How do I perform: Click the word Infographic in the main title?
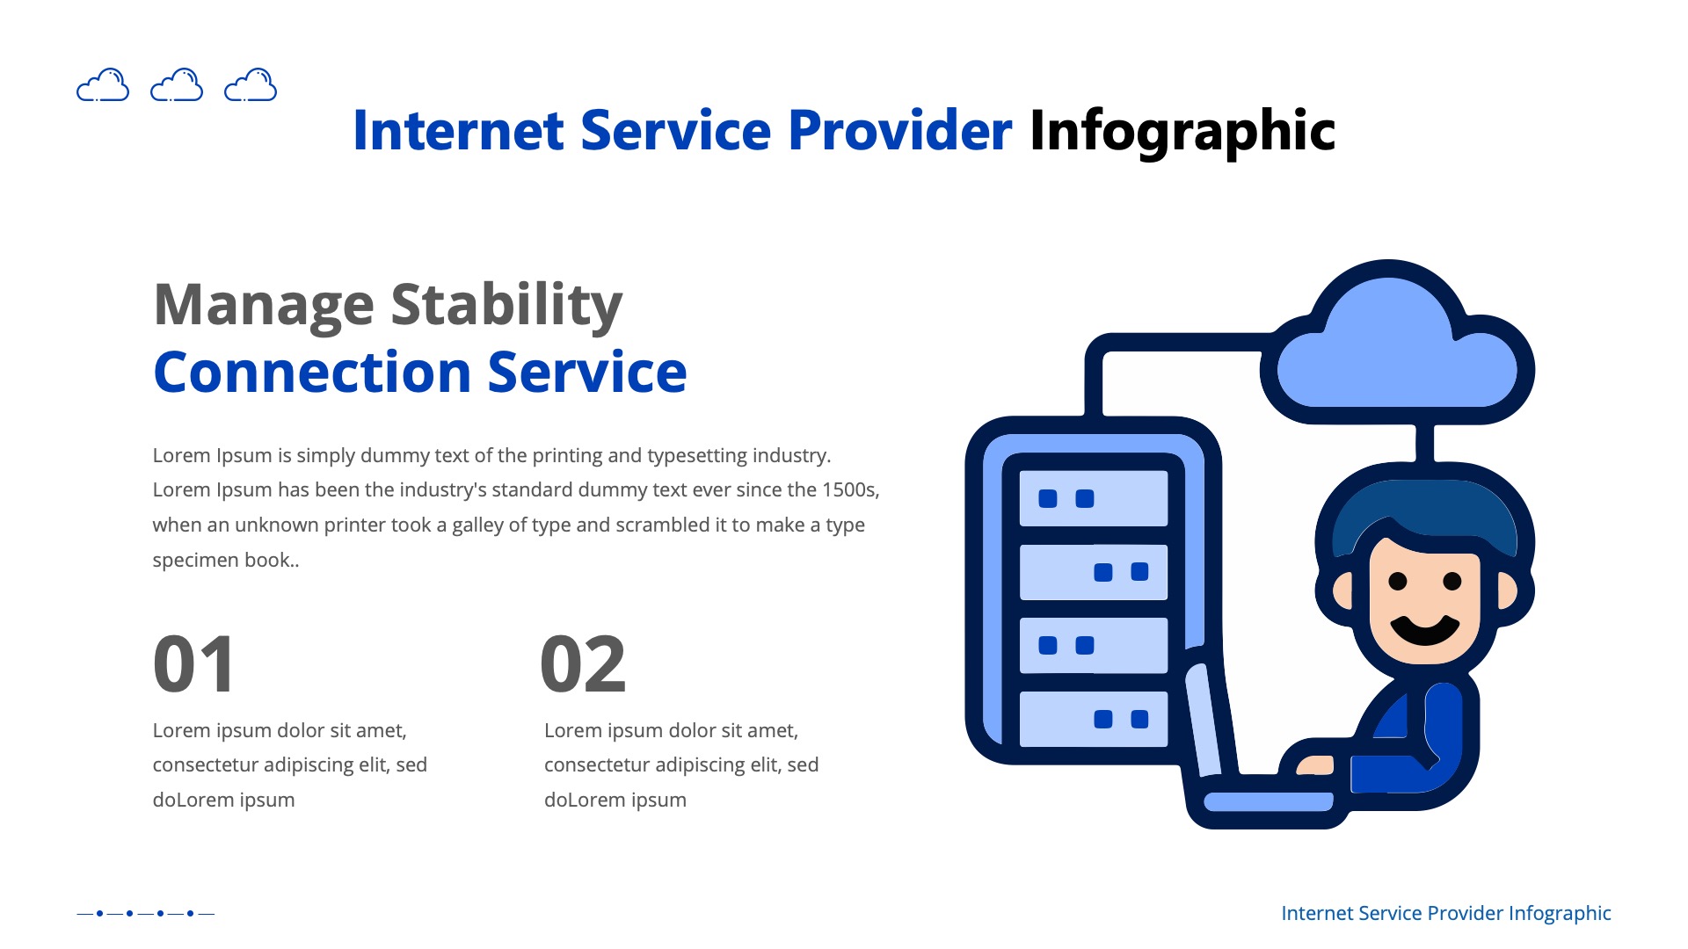point(1182,132)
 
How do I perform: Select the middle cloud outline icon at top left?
point(177,85)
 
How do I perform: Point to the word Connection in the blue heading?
point(312,373)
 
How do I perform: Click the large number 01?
point(194,665)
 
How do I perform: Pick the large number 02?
point(583,665)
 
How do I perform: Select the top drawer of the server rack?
point(1093,498)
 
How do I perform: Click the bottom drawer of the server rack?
point(1093,719)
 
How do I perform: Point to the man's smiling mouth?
point(1423,629)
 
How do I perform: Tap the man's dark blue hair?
point(1424,514)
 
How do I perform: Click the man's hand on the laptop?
point(1315,765)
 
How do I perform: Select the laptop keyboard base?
point(1266,801)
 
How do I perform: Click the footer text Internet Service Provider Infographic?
point(1445,913)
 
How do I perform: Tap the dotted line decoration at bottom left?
point(145,913)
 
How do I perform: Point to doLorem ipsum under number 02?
point(615,800)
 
